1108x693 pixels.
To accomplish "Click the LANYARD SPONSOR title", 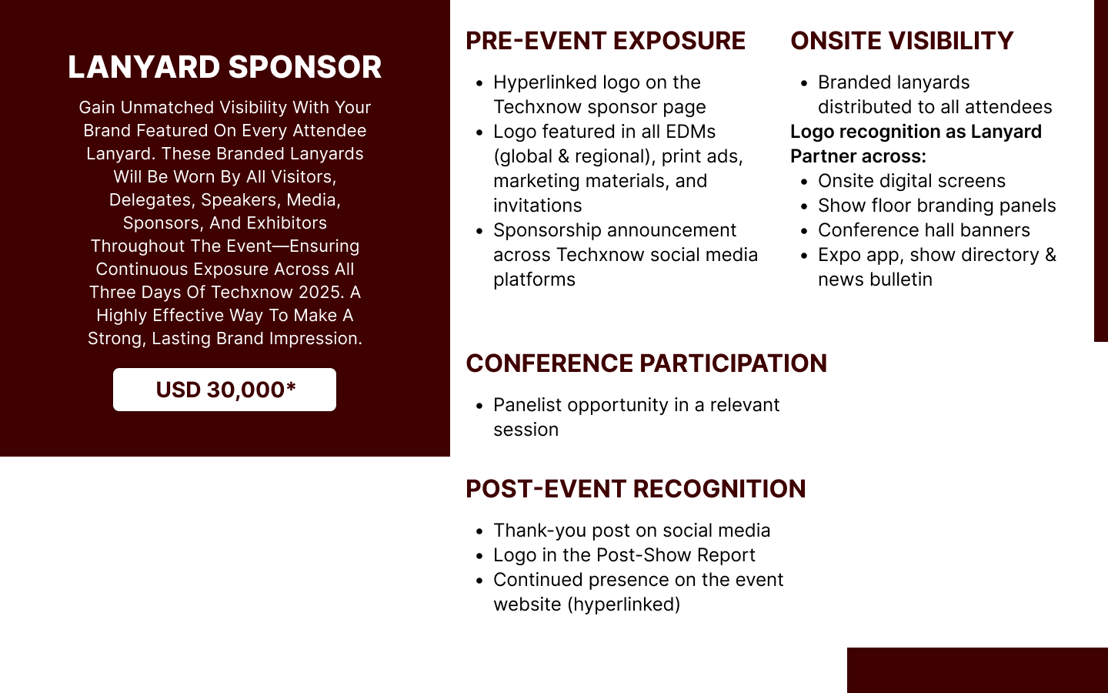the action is pos(225,67).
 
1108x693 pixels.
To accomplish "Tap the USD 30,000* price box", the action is pos(225,390).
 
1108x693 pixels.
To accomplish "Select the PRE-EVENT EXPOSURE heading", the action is pos(606,41).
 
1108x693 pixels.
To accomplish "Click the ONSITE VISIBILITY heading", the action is pos(902,41).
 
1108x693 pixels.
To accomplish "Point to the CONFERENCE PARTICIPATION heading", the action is pos(646,363).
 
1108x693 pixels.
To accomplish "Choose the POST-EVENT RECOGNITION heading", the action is pos(636,489).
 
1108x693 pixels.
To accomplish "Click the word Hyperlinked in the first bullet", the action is pos(545,82).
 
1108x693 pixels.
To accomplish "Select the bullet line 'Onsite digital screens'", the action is pos(912,181).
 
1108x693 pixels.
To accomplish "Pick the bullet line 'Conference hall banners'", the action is pos(924,230).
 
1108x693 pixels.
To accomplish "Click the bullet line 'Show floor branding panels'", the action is pos(937,206).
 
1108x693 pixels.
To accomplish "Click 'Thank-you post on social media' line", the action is pos(632,531).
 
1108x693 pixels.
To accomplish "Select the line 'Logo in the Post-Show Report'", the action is pos(624,555).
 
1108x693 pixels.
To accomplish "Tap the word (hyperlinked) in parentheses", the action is pos(624,604).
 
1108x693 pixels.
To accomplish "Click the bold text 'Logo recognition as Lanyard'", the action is pos(916,132).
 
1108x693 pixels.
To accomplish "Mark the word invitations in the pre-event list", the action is pos(538,206).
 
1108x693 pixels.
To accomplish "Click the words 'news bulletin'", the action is pos(875,280).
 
